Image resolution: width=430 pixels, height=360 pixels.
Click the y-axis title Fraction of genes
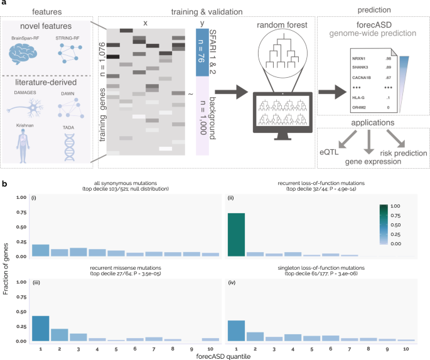[6, 271]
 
